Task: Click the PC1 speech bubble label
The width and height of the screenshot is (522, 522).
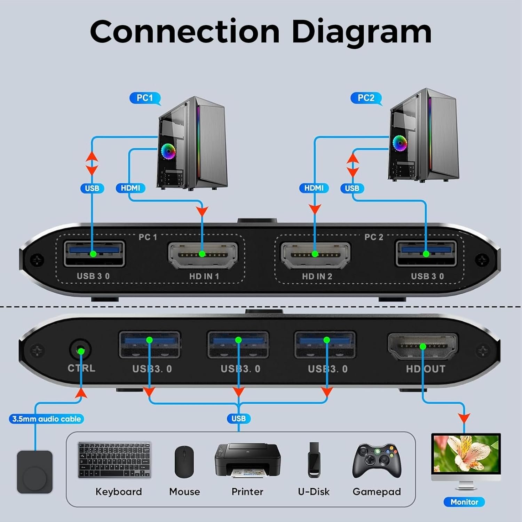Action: (144, 98)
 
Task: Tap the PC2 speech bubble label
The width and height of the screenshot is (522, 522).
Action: (366, 98)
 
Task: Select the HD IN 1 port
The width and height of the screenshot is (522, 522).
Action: (203, 255)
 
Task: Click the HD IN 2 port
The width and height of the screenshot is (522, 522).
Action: (315, 255)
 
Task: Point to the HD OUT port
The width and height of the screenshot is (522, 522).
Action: (423, 347)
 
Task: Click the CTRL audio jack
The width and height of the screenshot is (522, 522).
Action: (81, 351)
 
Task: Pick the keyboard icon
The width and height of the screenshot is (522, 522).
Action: (114, 460)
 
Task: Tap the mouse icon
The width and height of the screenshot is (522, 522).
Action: (184, 462)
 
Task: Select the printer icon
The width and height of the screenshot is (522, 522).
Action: (247, 460)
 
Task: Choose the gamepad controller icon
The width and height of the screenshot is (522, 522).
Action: (377, 461)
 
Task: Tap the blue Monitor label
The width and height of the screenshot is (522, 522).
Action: (464, 502)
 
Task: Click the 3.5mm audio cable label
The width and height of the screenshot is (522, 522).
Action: (47, 419)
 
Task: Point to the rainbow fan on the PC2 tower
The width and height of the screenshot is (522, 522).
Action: (400, 142)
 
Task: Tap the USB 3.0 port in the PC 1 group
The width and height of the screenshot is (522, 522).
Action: (94, 254)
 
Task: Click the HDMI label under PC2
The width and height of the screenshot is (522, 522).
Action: (314, 188)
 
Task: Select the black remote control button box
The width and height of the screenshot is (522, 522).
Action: (35, 472)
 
